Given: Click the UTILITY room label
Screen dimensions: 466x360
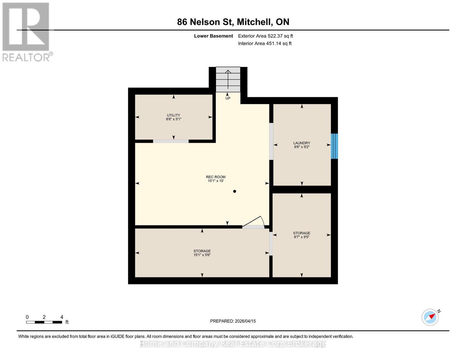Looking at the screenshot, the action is (173, 115).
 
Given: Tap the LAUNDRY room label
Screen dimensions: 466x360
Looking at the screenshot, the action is (302, 143).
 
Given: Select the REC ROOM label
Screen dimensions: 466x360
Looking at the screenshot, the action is (216, 177).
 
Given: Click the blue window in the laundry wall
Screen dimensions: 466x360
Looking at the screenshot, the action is (334, 146).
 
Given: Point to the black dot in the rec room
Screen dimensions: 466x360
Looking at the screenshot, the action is (235, 191).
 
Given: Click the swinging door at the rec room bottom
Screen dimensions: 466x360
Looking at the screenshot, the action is (253, 222).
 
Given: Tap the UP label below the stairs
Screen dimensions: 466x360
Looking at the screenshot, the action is (228, 98).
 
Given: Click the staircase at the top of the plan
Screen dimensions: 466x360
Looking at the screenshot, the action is (228, 79).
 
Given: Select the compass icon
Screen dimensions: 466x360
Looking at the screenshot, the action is (430, 317).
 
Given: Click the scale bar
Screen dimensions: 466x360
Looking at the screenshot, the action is (44, 322).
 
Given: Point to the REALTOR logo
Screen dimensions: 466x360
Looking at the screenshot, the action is (27, 32).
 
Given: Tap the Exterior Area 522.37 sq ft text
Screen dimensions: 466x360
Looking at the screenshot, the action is (266, 36).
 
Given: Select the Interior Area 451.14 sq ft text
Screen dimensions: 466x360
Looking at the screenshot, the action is (265, 43).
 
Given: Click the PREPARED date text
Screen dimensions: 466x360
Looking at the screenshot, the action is (233, 321).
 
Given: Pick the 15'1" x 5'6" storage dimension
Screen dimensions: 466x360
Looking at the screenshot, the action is (202, 255).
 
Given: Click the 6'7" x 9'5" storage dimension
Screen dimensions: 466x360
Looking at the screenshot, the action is (302, 237).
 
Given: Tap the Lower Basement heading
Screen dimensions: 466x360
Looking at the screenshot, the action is (213, 36).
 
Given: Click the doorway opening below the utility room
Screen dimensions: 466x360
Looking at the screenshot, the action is (171, 141).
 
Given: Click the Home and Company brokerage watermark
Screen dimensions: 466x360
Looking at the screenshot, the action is (233, 344).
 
